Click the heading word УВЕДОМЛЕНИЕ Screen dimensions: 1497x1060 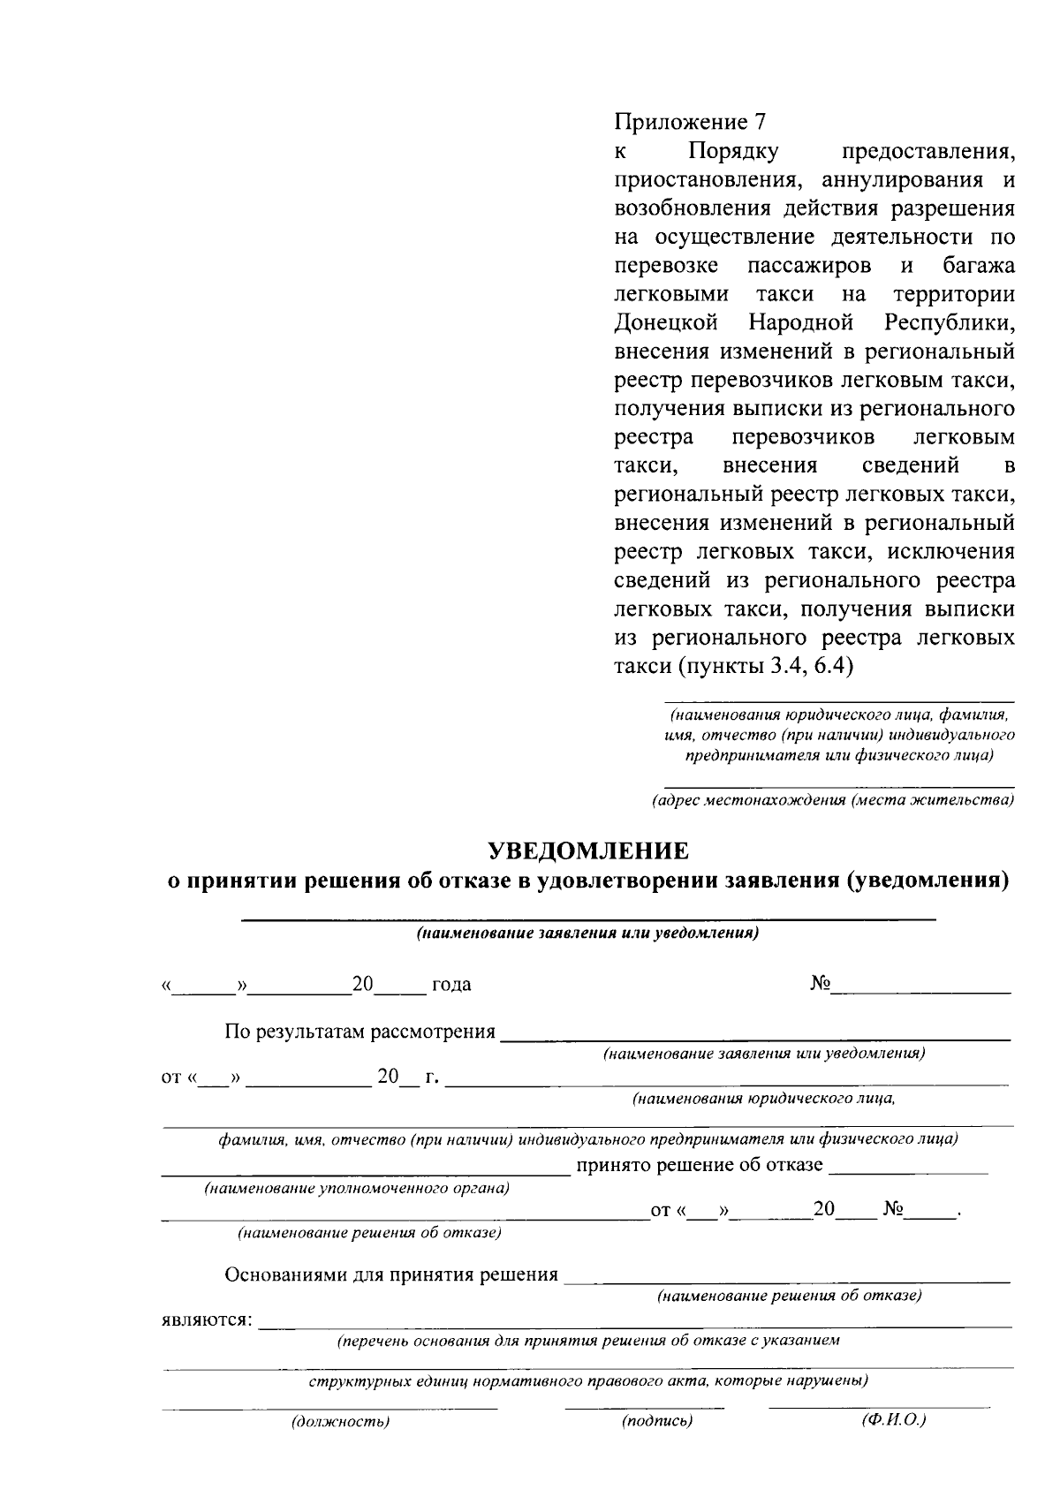coord(588,851)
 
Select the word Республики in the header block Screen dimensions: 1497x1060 coord(948,322)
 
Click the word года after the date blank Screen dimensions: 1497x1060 coord(450,985)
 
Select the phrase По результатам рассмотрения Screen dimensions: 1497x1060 coord(360,1032)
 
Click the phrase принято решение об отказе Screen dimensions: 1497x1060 coord(700,1165)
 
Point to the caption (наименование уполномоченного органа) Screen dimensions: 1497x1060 coord(358,1189)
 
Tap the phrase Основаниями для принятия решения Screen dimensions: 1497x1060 coord(391,1274)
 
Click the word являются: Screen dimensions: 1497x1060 coord(207,1322)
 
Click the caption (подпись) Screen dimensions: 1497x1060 coord(656,1446)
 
